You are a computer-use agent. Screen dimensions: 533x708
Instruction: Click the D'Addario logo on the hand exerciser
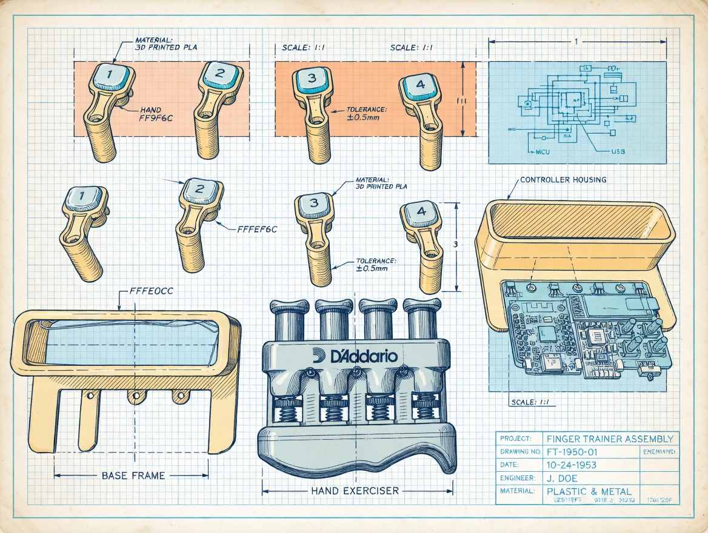click(356, 356)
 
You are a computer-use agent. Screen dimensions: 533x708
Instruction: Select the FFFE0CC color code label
click(152, 291)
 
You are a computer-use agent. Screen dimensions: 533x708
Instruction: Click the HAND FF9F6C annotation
click(156, 114)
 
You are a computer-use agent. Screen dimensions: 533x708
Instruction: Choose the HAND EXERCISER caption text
click(355, 491)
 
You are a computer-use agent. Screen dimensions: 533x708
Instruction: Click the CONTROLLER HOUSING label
click(563, 180)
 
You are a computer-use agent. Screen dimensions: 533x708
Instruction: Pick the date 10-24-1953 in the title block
click(571, 465)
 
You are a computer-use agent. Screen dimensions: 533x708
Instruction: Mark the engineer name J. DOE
click(562, 478)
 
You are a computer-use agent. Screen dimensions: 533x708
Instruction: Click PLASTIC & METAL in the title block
click(589, 491)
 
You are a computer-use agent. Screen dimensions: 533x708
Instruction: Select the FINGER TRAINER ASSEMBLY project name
click(609, 439)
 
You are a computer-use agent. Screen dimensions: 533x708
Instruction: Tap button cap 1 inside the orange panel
click(110, 76)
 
